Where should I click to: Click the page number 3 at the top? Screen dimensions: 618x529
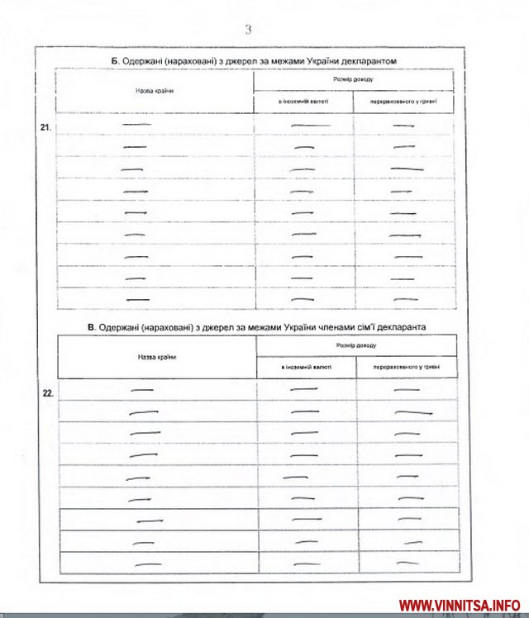pyautogui.click(x=248, y=30)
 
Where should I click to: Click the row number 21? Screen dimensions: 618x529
pyautogui.click(x=45, y=128)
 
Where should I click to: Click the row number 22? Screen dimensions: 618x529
pyautogui.click(x=47, y=393)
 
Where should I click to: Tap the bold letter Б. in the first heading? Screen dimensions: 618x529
pyautogui.click(x=116, y=61)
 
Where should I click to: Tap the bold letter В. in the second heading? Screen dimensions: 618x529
pyautogui.click(x=92, y=327)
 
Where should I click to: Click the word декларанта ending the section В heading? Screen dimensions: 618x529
pyautogui.click(x=400, y=327)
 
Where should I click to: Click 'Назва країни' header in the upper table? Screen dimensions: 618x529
pyautogui.click(x=154, y=90)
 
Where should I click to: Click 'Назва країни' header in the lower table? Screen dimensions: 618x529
pyautogui.click(x=156, y=357)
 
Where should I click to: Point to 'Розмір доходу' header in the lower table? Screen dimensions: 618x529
pyautogui.click(x=356, y=345)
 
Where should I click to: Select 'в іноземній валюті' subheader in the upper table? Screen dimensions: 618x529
pyautogui.click(x=303, y=102)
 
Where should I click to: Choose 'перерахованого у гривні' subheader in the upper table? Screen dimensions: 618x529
pyautogui.click(x=404, y=102)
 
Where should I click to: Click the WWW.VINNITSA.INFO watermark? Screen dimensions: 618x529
pyautogui.click(x=460, y=605)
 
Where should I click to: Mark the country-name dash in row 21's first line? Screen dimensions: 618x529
pyautogui.click(x=133, y=125)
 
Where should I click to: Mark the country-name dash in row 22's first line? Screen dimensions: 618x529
pyautogui.click(x=142, y=390)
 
